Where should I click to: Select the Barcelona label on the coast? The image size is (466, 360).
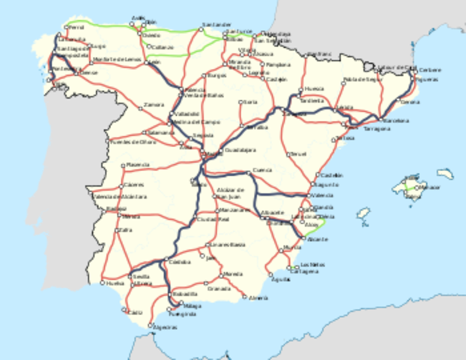point(396,120)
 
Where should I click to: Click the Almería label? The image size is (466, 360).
point(258,298)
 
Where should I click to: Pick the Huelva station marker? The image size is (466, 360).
point(103,283)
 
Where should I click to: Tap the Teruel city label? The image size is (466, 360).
point(299,154)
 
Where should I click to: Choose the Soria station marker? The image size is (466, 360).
point(240,102)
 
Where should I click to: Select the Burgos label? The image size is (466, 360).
point(217,76)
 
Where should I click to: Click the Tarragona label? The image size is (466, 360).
point(377,128)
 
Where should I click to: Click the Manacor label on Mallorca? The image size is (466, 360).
point(431,187)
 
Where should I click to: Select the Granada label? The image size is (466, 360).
point(219,288)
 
